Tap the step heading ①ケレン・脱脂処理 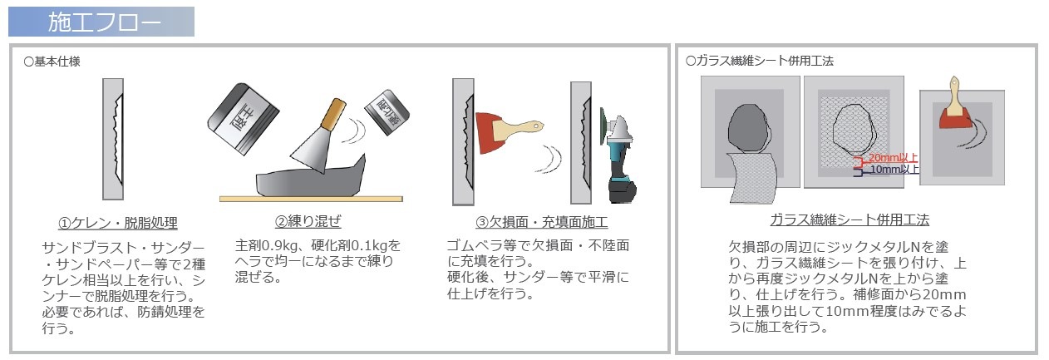(x=117, y=224)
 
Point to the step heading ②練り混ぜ (x=308, y=221)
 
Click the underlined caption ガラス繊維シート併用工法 (x=849, y=220)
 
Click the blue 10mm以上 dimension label (x=893, y=169)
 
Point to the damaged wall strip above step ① (x=113, y=141)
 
